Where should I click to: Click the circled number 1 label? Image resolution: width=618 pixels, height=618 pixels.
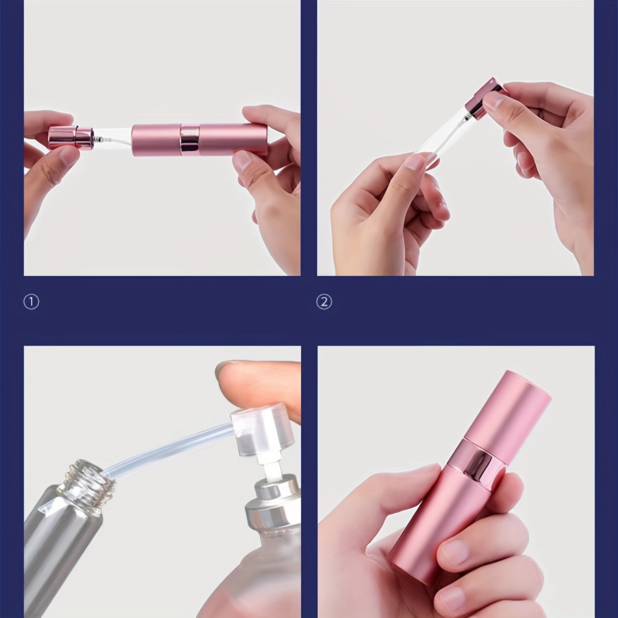[x=31, y=303]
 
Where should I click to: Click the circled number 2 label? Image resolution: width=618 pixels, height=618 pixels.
[x=324, y=303]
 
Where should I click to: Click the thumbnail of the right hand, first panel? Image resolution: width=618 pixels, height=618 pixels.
[x=243, y=161]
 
